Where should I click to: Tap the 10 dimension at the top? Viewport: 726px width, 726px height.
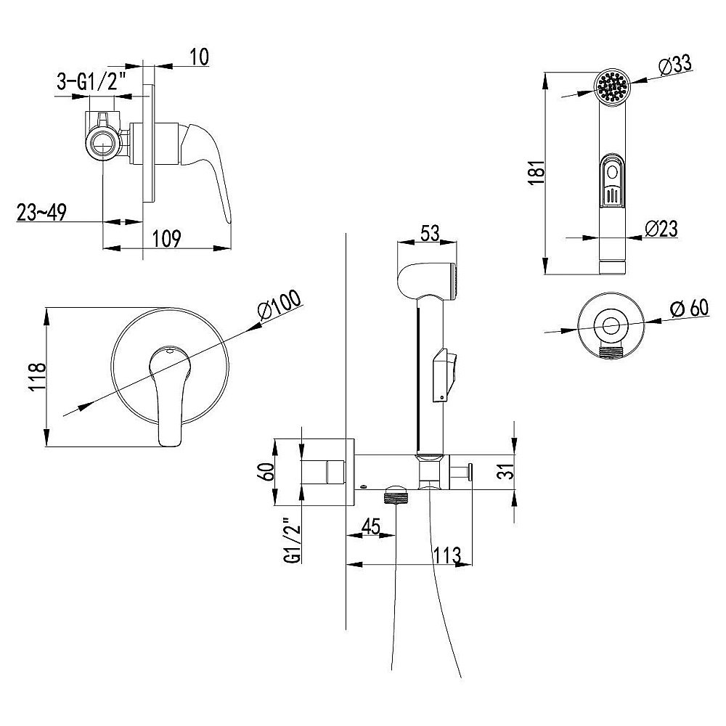(x=199, y=57)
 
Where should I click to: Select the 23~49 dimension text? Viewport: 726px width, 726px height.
(x=41, y=212)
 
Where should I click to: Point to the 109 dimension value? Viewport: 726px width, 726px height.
(x=167, y=238)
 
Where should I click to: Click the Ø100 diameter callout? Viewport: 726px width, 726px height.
(x=280, y=306)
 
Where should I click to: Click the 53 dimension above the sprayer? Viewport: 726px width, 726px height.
(x=430, y=233)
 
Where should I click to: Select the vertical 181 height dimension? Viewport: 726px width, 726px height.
(x=537, y=173)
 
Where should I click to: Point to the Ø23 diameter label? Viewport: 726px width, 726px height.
(x=661, y=229)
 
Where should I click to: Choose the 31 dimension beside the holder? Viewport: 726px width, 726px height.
(x=508, y=471)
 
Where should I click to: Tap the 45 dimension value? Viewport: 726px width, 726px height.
(x=370, y=526)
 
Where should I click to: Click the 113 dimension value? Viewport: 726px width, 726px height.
(x=446, y=554)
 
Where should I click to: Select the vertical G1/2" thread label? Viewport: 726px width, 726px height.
(x=293, y=539)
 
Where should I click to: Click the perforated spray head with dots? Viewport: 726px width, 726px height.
(x=613, y=86)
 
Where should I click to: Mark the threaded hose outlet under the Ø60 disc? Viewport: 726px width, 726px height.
(x=611, y=351)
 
